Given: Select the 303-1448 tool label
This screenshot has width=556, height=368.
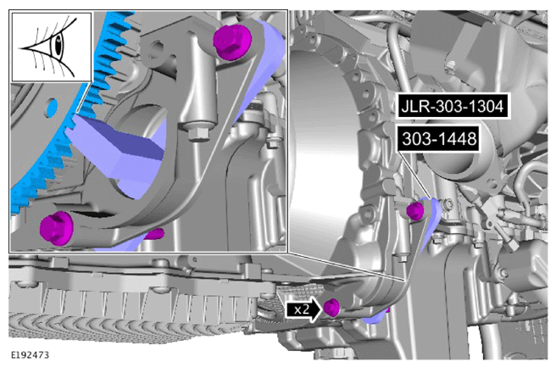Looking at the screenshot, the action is pyautogui.click(x=439, y=139).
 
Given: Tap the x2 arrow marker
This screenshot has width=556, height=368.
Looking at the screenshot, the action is pyautogui.click(x=303, y=309).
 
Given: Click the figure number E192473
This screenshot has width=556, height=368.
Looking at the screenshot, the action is pyautogui.click(x=31, y=355).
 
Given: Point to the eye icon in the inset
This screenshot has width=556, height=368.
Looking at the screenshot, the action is pyautogui.click(x=52, y=47).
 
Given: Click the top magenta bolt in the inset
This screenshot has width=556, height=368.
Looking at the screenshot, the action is pyautogui.click(x=232, y=42).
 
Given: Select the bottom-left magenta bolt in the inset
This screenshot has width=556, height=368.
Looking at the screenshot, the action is pyautogui.click(x=56, y=228).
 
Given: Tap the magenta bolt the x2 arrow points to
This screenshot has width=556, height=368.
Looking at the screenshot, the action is pyautogui.click(x=331, y=307).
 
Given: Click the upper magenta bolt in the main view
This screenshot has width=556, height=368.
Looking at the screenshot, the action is pyautogui.click(x=414, y=211).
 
